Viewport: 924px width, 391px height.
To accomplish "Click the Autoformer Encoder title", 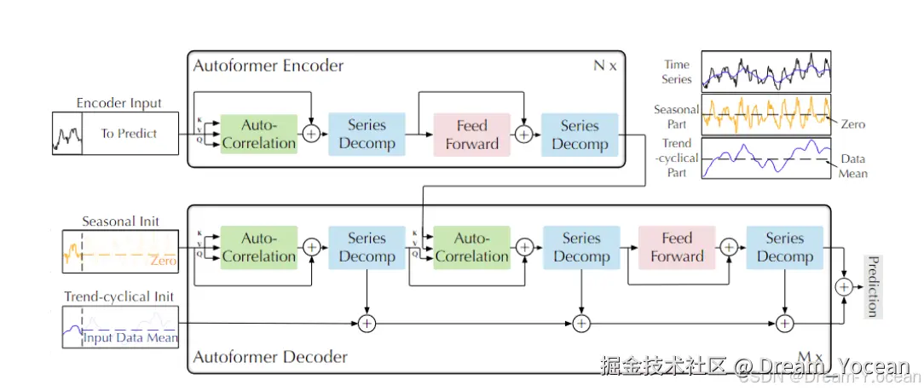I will (x=269, y=66).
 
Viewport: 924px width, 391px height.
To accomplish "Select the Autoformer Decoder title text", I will (x=270, y=357).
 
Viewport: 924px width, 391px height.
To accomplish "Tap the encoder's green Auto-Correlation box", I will (x=258, y=134).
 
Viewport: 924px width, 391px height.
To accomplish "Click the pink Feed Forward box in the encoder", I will (x=471, y=135).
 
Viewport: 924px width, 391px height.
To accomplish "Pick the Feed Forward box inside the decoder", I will (x=677, y=247).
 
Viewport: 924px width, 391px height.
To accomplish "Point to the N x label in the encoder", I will (x=604, y=66).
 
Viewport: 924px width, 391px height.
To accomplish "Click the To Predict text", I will (x=129, y=134).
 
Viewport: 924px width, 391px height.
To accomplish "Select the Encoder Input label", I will (x=118, y=103).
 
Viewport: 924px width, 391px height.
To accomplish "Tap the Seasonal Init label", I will (x=120, y=221).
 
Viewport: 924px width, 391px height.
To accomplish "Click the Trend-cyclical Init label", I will (x=118, y=296).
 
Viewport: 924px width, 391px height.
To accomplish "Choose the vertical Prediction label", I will (x=872, y=285).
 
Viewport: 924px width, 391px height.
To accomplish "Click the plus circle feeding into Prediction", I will (x=844, y=287).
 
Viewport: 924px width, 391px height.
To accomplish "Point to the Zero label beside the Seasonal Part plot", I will (x=852, y=124).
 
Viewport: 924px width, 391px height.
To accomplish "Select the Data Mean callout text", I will (x=853, y=166).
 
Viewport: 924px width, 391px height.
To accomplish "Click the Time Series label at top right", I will (x=677, y=72).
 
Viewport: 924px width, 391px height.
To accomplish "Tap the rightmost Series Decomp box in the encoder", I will (x=580, y=135).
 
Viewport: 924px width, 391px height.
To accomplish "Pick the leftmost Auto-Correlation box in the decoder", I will (x=258, y=247).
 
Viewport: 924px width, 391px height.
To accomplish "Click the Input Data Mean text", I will (x=130, y=338).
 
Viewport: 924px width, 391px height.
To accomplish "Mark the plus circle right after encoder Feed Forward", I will (x=524, y=134).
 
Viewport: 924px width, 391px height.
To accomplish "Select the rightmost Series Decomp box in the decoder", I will (x=784, y=247).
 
